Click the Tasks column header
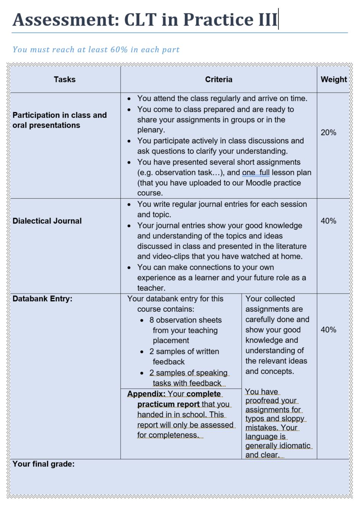click(64, 79)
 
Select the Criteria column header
click(219, 79)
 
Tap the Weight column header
click(334, 79)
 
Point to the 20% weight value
click(328, 133)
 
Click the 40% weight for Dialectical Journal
click(328, 221)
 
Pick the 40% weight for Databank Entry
click(328, 330)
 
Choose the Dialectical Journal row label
click(47, 221)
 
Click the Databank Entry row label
click(42, 299)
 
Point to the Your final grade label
click(43, 464)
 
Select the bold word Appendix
click(146, 394)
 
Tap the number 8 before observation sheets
click(152, 320)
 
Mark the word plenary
click(151, 130)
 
